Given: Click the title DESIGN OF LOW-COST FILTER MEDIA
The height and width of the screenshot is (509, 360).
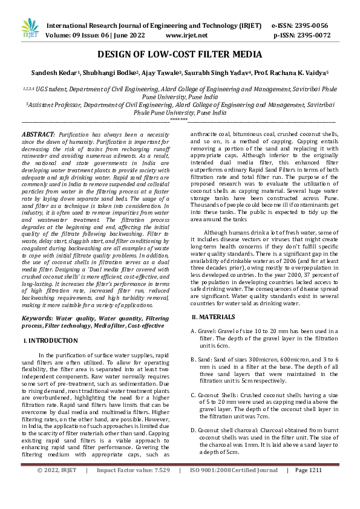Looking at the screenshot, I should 180,55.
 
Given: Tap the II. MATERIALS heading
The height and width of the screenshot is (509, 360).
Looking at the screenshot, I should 216,317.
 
